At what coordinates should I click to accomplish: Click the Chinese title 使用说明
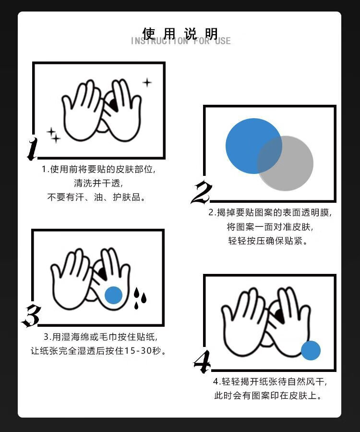coord(180,33)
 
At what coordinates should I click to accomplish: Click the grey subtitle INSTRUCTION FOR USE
coord(180,41)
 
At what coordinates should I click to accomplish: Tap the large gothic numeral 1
coord(33,149)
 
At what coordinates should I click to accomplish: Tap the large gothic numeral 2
coord(202,192)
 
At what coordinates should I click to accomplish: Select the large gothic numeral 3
coord(31,316)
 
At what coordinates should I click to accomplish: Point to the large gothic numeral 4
coord(202,362)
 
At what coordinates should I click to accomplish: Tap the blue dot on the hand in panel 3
coord(113,295)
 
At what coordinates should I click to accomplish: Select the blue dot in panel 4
coord(311,350)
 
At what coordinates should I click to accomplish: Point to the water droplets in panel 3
coord(140,298)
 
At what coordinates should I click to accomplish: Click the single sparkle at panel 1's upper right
coord(147,82)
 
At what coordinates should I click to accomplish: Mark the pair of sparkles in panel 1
coord(53,135)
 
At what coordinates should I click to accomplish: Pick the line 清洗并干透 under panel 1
coord(98,183)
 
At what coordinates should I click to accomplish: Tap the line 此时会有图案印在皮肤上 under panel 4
coord(268,395)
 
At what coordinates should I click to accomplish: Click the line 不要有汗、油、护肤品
coord(96,197)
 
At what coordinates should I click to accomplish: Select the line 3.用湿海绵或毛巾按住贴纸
coord(101,337)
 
